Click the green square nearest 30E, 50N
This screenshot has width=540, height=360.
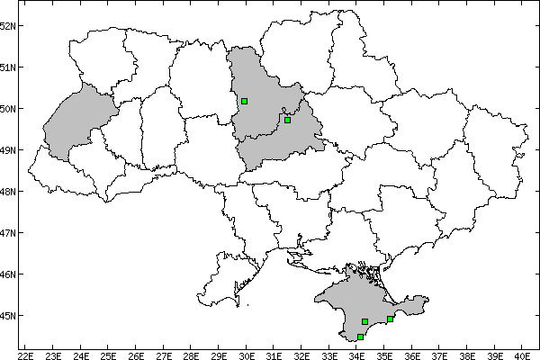pos(244,101)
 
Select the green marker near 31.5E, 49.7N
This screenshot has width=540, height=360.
pos(287,120)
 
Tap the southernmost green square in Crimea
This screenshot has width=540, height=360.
pos(360,337)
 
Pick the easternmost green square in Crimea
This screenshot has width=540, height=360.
pos(390,319)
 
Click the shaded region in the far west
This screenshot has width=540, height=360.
pos(76,121)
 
